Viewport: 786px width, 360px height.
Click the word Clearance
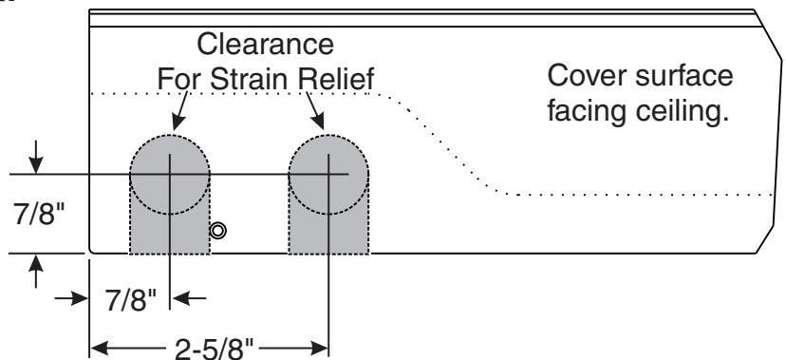pos(265,44)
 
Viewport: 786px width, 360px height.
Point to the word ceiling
pos(683,112)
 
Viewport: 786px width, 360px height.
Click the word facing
pos(587,112)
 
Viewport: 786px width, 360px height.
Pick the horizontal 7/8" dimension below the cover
pos(131,300)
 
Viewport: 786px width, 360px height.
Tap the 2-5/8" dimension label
pos(214,348)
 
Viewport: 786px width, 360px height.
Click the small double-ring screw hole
pos(217,231)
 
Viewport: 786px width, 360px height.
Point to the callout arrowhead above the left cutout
pos(178,122)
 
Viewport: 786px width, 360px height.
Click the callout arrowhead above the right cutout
pos(318,122)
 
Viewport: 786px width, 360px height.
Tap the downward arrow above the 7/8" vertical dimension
pos(35,158)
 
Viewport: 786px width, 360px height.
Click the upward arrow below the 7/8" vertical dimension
pos(35,271)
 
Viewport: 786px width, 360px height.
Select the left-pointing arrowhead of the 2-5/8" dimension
pos(99,348)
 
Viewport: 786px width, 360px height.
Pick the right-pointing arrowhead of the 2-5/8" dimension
pos(319,348)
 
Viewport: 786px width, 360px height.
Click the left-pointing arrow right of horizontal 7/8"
pos(189,298)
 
